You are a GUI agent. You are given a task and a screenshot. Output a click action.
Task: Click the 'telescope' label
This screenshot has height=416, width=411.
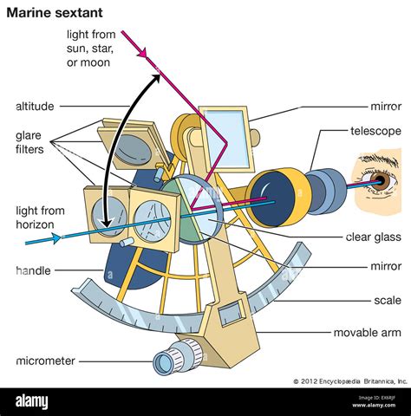click(375, 131)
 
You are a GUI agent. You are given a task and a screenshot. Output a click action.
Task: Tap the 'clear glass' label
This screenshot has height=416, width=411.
click(370, 234)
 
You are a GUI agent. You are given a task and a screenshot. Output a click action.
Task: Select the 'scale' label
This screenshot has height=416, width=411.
click(387, 300)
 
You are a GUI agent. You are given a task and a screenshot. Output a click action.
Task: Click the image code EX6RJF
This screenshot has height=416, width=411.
click(382, 401)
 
